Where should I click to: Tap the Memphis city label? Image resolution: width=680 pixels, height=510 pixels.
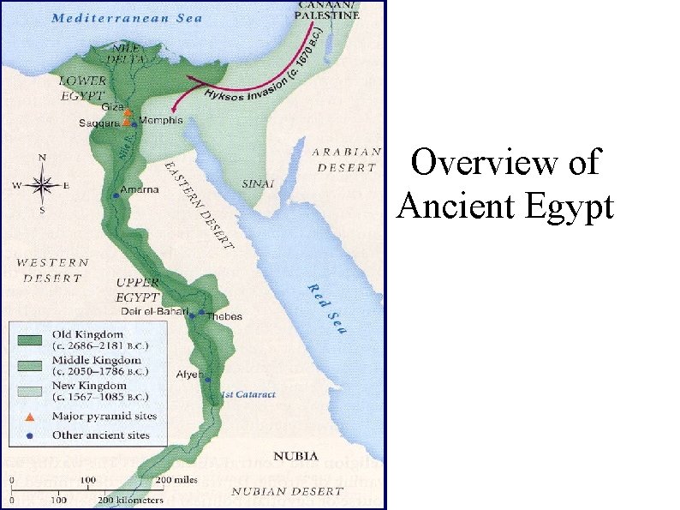[x=160, y=121]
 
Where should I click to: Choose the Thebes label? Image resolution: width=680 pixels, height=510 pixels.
[x=224, y=316]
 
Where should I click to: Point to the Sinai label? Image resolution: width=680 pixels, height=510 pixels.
[x=258, y=183]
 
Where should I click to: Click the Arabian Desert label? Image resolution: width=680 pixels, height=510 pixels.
[x=346, y=159]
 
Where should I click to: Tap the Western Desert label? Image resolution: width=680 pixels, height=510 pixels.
[x=52, y=270]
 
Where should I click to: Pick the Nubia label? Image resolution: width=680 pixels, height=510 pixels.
[x=295, y=456]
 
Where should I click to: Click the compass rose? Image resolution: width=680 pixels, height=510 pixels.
[x=44, y=184]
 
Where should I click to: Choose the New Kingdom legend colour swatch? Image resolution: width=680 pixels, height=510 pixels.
[x=29, y=391]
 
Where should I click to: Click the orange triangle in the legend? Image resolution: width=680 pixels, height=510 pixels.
[x=29, y=417]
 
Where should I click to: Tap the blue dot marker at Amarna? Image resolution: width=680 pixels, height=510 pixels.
[x=116, y=195]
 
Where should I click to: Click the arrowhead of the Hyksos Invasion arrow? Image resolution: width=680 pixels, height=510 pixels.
[x=175, y=108]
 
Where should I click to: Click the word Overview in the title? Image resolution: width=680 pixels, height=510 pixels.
[x=505, y=162]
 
